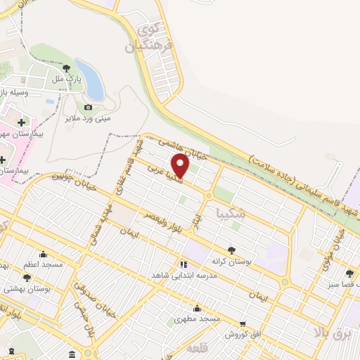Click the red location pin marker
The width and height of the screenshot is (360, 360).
(x=181, y=165)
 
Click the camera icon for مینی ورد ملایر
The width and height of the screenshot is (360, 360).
(x=88, y=107)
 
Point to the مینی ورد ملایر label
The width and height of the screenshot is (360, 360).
(x=89, y=118)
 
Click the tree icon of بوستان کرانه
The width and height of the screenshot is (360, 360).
(x=231, y=250)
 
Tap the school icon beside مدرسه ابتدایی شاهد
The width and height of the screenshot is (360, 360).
(x=184, y=264)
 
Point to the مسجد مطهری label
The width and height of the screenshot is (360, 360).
(x=198, y=319)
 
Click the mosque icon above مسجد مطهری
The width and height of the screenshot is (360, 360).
(x=198, y=308)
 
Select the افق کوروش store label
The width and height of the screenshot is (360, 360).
(x=243, y=334)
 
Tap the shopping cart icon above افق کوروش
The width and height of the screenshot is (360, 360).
(x=243, y=323)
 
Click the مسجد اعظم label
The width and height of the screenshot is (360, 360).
(x=43, y=264)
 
